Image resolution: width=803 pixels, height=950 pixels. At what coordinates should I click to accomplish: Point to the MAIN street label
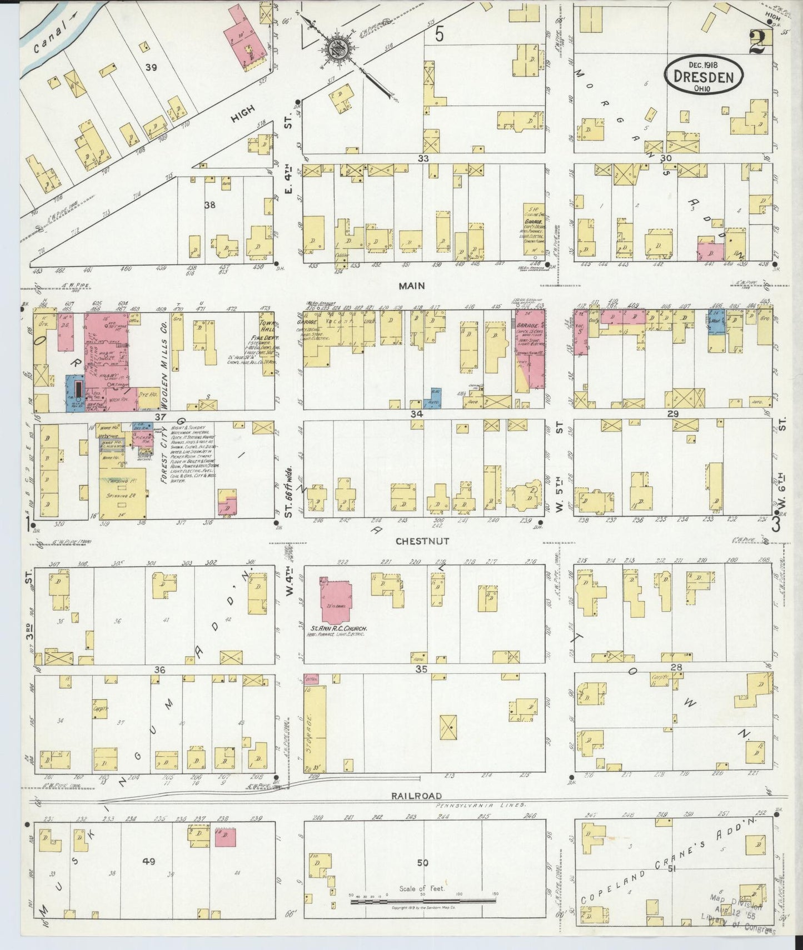(411, 286)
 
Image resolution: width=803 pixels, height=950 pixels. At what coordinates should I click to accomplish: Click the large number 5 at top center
(439, 35)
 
